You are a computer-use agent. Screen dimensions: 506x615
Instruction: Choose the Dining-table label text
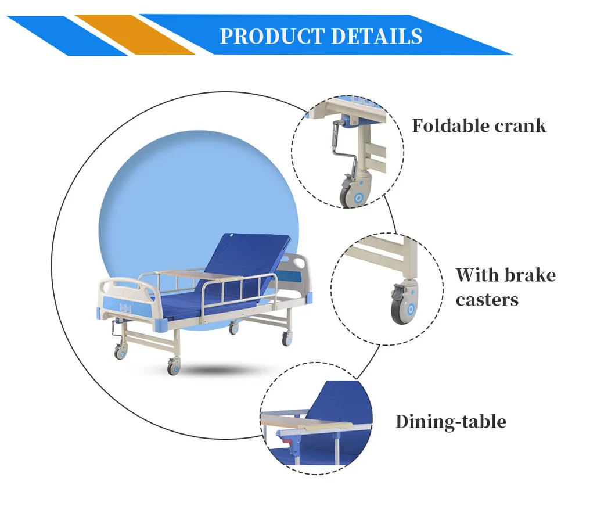[x=451, y=421]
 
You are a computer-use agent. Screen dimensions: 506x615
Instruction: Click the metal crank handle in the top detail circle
[x=336, y=146]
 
